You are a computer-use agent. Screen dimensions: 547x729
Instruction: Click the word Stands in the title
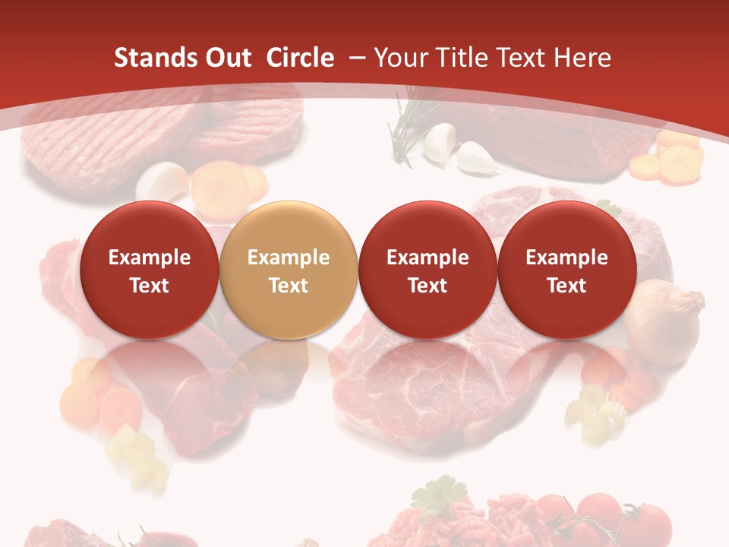(x=151, y=58)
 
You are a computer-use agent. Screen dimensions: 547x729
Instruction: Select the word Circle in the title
(x=300, y=58)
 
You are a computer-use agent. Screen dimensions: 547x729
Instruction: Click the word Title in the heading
(x=462, y=58)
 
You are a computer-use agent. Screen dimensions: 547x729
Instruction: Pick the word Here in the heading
(x=585, y=58)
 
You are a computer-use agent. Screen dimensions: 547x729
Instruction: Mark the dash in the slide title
(x=358, y=58)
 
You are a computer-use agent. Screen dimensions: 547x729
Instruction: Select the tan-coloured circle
(x=288, y=270)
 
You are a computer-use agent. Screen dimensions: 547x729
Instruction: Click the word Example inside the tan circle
(x=288, y=258)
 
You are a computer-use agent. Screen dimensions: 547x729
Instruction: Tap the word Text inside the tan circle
(x=288, y=286)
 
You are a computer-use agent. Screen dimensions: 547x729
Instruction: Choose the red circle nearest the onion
(x=566, y=270)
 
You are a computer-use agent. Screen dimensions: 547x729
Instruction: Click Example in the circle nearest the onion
(x=566, y=258)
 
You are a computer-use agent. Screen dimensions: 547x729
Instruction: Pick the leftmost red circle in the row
(x=149, y=270)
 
